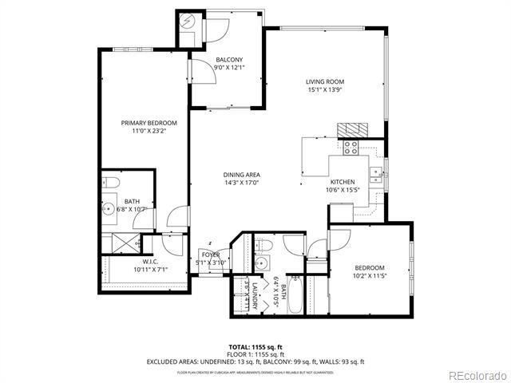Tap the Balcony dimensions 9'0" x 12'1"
coord(229,69)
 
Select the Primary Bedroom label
coord(149,123)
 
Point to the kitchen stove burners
coord(350,147)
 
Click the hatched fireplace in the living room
coord(353,130)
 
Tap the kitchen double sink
coord(374,175)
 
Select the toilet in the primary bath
coord(111,184)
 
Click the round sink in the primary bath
coord(109,211)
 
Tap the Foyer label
coord(211,255)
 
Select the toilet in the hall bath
coord(266,245)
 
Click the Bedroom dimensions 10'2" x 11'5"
coord(370,276)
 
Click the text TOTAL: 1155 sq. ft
coord(255,345)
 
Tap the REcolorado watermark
coord(476,375)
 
